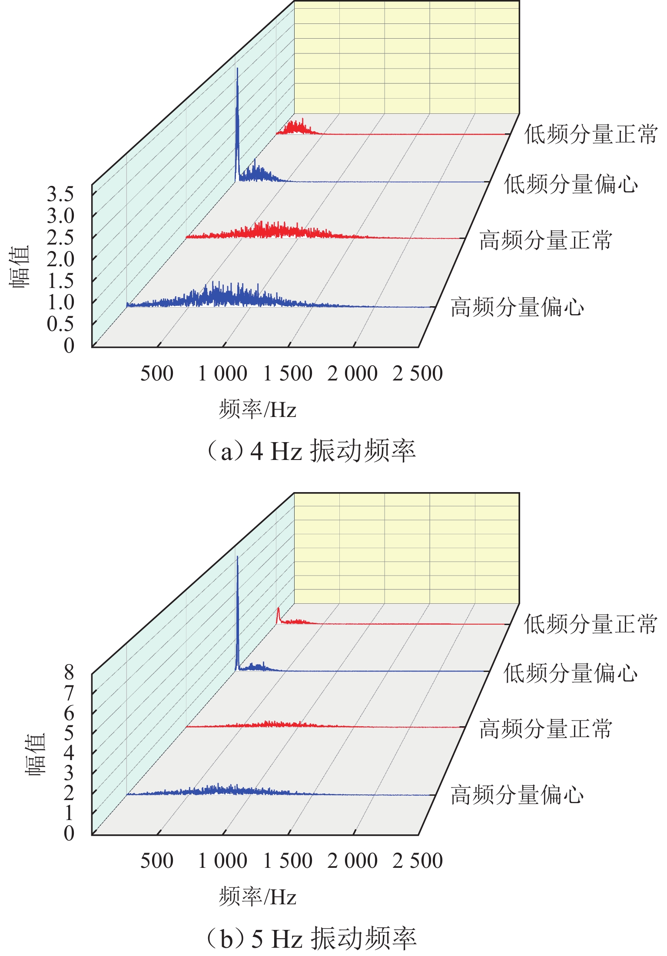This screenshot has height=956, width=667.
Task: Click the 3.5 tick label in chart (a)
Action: (60, 194)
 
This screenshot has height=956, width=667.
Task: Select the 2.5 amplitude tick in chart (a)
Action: (60, 238)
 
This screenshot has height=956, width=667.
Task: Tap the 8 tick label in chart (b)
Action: (69, 673)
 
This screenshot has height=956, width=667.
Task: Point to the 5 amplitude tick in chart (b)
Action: (69, 733)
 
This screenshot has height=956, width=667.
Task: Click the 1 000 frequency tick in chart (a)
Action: (222, 374)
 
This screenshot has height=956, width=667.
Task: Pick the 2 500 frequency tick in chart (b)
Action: (418, 861)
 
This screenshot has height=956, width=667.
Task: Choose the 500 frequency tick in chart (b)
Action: (157, 861)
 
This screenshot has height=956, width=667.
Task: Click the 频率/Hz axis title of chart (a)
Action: (258, 409)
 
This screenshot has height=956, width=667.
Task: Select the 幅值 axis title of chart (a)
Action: (20, 266)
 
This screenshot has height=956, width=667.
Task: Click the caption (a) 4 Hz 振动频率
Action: (311, 450)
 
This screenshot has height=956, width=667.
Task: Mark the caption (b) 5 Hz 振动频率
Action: (311, 938)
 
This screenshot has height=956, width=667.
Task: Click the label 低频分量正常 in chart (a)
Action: (591, 134)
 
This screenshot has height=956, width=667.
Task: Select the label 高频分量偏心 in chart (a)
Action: (517, 307)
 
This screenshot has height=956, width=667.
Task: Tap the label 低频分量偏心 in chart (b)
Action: (571, 673)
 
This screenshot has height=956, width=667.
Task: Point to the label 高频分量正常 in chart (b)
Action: (546, 728)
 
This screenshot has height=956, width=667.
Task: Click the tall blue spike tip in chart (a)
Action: (237, 69)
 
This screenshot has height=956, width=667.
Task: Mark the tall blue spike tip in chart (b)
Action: (237, 557)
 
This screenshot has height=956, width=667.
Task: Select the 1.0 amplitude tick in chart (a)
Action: (60, 302)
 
